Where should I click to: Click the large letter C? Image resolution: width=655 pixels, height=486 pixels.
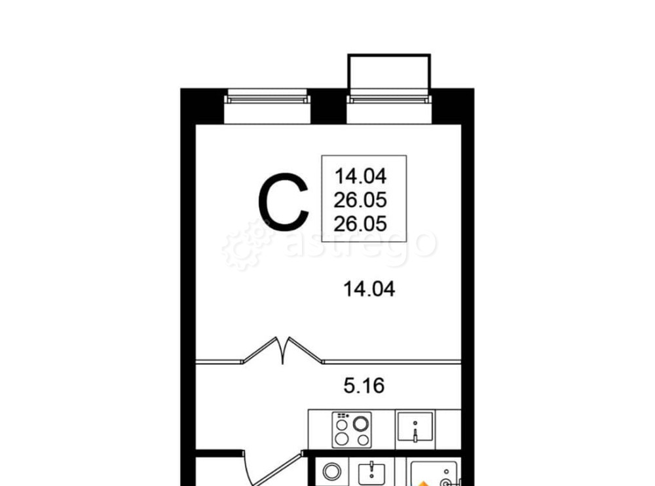pos(283,202)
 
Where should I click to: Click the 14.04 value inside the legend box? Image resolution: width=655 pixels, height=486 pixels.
pos(360,176)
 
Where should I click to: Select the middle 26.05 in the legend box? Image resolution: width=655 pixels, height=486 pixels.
pos(360,200)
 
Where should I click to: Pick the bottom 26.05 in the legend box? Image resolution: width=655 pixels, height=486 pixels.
pos(360,223)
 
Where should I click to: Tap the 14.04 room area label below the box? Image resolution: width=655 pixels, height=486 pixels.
pos(369,289)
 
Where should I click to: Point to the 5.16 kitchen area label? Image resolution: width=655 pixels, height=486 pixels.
pos(364,385)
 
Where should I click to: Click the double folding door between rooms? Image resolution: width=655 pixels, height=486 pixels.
pos(283,350)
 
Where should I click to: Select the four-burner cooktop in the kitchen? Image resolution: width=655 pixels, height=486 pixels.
pos(350,429)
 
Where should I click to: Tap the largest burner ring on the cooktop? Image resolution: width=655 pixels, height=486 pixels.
pos(360,422)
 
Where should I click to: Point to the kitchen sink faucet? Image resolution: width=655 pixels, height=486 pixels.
pos(415,434)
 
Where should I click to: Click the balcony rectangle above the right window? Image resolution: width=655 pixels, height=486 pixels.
pos(389,73)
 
